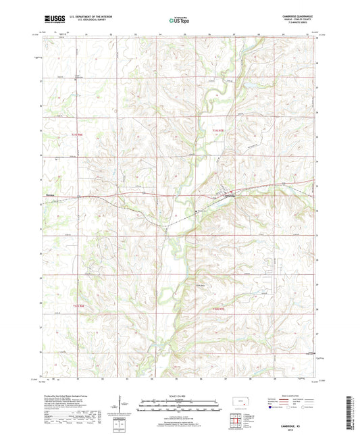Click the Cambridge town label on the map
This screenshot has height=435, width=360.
pos(230,197)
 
